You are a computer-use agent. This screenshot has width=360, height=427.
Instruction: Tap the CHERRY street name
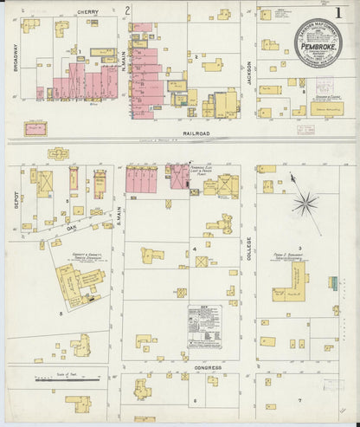click(88, 11)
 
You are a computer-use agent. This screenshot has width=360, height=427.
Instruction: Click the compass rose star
click(304, 204)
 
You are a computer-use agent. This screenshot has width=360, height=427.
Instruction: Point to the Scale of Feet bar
click(65, 378)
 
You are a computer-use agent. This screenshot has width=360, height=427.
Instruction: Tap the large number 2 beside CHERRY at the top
click(127, 10)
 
